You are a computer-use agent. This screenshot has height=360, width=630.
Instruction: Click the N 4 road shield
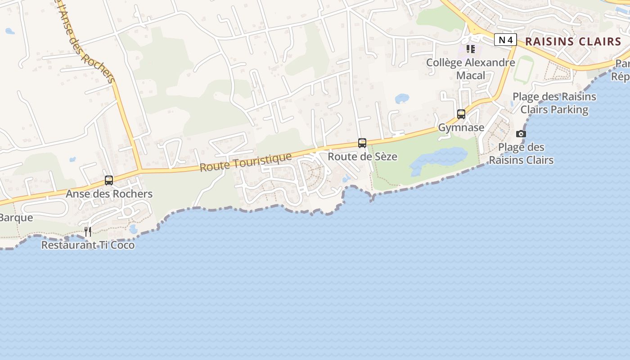pyautogui.click(x=505, y=40)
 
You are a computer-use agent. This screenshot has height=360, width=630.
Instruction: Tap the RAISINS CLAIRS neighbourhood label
pyautogui.click(x=573, y=42)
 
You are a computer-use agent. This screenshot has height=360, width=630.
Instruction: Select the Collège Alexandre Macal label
pyautogui.click(x=471, y=69)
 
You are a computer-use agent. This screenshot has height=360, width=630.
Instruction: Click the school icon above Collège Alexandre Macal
pyautogui.click(x=471, y=49)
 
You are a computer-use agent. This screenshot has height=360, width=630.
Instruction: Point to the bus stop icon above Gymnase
pyautogui.click(x=461, y=114)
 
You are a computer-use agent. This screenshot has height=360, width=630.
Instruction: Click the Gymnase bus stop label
pyautogui.click(x=461, y=127)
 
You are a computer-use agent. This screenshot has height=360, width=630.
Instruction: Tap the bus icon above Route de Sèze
pyautogui.click(x=362, y=143)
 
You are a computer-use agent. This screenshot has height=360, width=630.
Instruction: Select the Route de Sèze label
pyautogui.click(x=362, y=157)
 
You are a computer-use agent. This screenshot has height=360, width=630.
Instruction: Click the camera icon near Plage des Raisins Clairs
pyautogui.click(x=521, y=134)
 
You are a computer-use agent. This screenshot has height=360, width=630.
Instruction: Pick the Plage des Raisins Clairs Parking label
pyautogui.click(x=554, y=103)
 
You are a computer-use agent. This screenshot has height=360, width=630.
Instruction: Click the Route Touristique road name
pyautogui.click(x=246, y=162)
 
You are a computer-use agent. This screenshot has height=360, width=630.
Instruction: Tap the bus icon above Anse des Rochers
pyautogui.click(x=109, y=180)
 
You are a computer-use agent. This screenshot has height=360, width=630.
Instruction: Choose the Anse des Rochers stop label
pyautogui.click(x=109, y=194)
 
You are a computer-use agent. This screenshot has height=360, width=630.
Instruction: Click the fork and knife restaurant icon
pyautogui.click(x=88, y=232)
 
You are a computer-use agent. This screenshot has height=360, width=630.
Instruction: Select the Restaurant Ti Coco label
pyautogui.click(x=88, y=245)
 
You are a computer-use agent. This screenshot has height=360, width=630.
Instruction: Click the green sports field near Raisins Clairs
pyautogui.click(x=523, y=69)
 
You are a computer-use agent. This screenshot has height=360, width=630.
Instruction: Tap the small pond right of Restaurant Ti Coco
pyautogui.click(x=133, y=229)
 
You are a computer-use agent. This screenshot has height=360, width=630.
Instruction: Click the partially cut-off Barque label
pyautogui.click(x=16, y=218)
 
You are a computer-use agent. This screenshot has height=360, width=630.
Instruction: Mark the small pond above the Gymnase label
pyautogui.click(x=401, y=98)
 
